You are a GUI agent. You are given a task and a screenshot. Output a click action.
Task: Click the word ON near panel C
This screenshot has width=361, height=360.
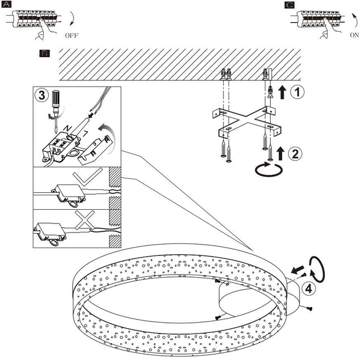click(355, 35)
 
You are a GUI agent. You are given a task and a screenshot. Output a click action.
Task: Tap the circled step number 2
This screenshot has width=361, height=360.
click(295, 153)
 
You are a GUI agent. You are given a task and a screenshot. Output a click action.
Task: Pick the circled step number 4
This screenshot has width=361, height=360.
click(307, 288)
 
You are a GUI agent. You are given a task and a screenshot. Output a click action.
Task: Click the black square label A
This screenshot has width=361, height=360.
click(6, 4)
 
